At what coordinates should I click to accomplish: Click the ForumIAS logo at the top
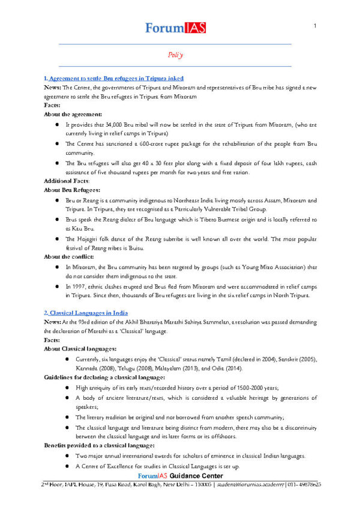[x=174, y=28]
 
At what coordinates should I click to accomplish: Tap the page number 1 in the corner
[x=314, y=26]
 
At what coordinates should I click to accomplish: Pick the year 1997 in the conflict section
[x=80, y=287]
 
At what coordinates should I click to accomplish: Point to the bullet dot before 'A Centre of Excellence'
[x=55, y=467]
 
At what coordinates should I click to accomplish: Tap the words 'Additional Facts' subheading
[x=66, y=181]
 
